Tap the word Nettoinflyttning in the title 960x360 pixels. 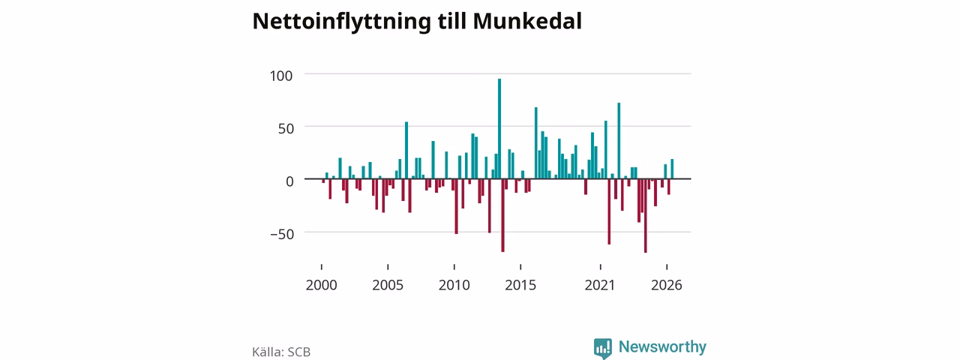(341, 22)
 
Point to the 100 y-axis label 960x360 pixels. (281, 76)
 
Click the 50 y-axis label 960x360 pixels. (286, 128)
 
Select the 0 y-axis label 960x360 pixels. (289, 181)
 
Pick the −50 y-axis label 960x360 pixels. (282, 235)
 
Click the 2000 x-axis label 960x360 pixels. (322, 285)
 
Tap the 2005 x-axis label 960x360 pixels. (388, 285)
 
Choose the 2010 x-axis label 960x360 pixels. (454, 285)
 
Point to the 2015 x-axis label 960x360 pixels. (520, 285)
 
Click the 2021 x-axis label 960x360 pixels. (600, 285)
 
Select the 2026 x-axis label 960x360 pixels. (667, 285)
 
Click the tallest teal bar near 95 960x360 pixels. (499, 128)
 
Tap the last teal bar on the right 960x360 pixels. (672, 169)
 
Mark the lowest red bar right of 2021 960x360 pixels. (646, 215)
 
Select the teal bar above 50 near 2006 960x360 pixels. (406, 151)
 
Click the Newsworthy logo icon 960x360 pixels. (602, 349)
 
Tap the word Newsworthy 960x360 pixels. (662, 346)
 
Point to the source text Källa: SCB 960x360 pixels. (281, 352)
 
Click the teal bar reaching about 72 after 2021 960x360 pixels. (619, 140)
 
